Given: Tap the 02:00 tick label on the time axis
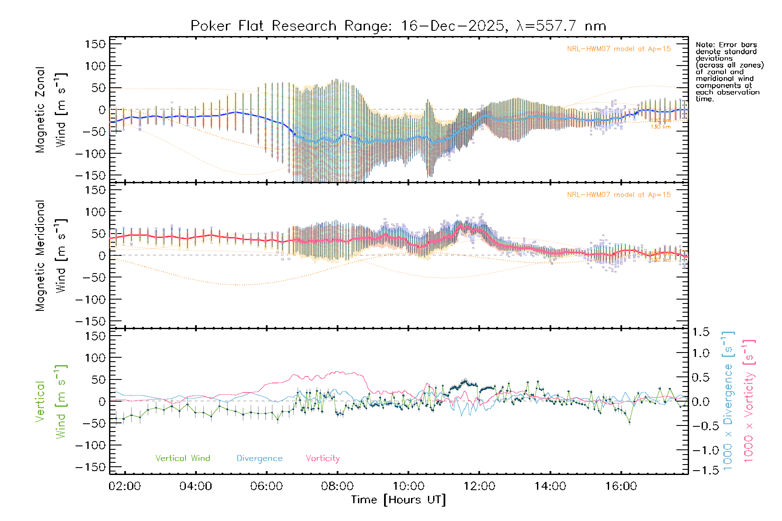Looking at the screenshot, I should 125,486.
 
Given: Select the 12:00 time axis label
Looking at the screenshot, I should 479,486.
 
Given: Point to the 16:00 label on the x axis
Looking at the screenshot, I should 621,486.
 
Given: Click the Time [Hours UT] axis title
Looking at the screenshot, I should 398,500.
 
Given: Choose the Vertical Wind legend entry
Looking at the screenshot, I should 182,458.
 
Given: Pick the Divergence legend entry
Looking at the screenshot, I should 259,458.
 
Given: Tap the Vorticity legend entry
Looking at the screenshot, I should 322,458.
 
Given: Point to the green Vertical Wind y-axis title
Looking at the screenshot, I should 50,402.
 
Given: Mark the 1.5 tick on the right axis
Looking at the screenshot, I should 700,332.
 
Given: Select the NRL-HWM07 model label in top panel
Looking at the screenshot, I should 619,49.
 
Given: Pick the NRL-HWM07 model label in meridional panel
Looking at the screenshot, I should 619,195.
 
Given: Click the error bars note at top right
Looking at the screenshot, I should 729,72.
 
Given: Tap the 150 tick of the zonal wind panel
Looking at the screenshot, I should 95,44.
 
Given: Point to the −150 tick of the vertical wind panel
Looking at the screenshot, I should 91,467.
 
